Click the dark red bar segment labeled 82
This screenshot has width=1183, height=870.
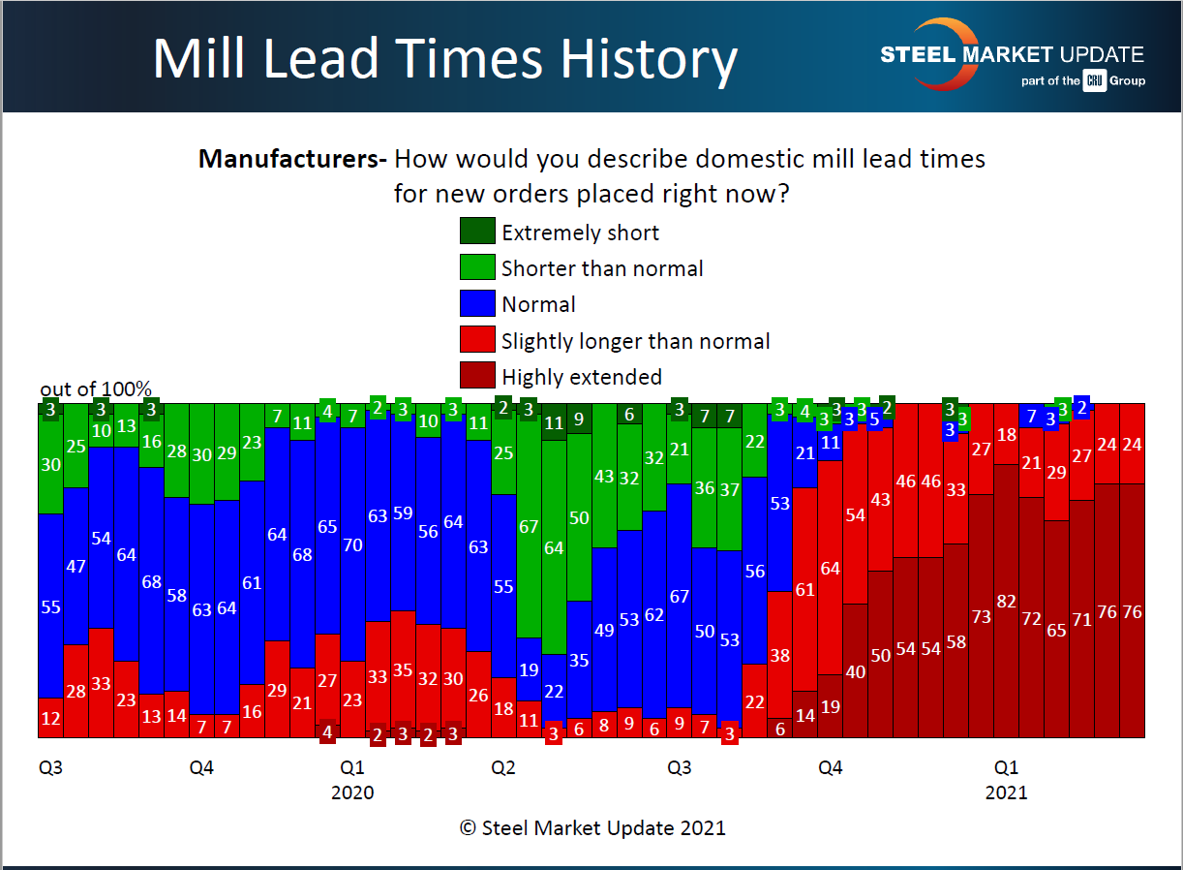click(x=1007, y=601)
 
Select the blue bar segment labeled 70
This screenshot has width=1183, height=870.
click(x=352, y=544)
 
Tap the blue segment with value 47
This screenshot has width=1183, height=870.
click(x=76, y=567)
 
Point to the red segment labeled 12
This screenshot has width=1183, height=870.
click(x=50, y=718)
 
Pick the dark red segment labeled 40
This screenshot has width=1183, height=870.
click(x=856, y=670)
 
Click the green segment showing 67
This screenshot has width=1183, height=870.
click(x=529, y=527)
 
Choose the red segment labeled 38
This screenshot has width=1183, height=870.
click(x=780, y=656)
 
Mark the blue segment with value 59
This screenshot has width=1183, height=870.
click(x=403, y=514)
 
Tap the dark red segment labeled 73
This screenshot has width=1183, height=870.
click(x=982, y=616)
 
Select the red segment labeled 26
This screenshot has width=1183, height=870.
click(x=478, y=695)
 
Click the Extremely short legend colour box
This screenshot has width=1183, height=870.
click(x=475, y=233)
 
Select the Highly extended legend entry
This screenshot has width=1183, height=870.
click(x=581, y=376)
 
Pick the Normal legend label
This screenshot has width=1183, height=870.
click(x=538, y=304)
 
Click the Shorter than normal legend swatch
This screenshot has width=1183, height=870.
click(x=475, y=268)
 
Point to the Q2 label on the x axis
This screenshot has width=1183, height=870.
click(x=503, y=768)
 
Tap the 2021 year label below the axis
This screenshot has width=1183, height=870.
click(x=1006, y=792)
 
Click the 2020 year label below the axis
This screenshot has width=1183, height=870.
click(x=352, y=792)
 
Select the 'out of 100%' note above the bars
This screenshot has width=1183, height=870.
click(x=96, y=389)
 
